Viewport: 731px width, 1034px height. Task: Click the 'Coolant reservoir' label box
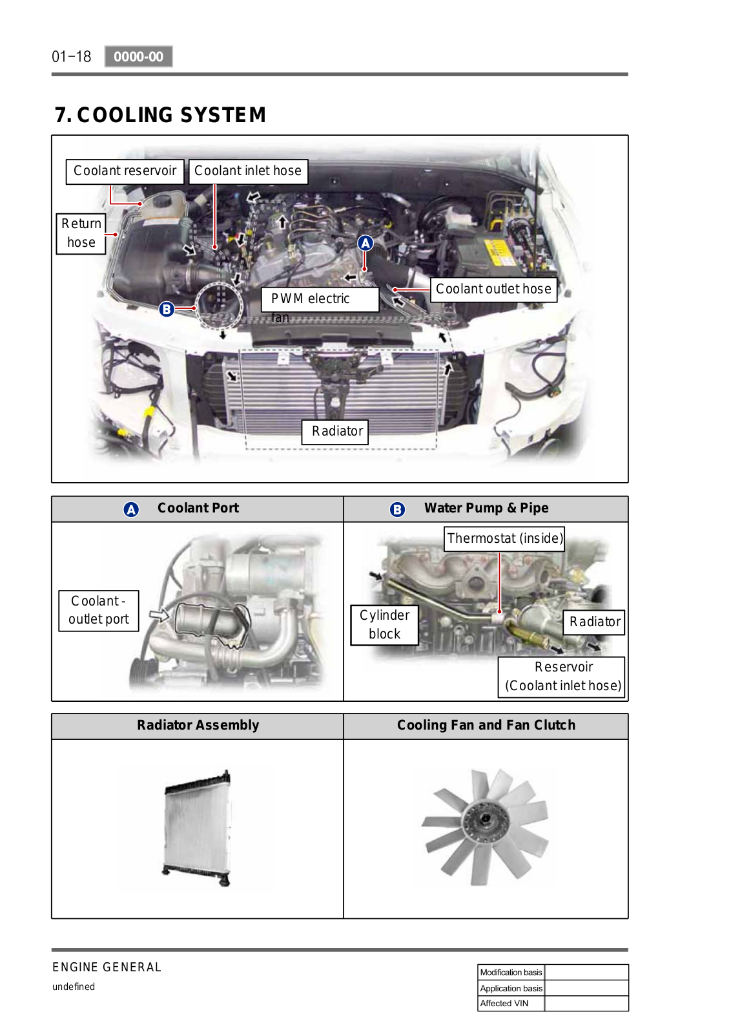pos(125,172)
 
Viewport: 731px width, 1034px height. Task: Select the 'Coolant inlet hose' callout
pos(248,172)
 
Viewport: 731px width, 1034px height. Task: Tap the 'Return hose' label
pos(81,233)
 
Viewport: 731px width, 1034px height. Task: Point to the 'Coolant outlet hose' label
pos(493,290)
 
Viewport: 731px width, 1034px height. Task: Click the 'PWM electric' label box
pos(320,300)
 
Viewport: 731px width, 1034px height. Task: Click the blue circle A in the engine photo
pos(365,243)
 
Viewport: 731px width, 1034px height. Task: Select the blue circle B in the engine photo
pos(167,309)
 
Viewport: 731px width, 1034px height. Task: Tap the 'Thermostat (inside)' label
pos(504,539)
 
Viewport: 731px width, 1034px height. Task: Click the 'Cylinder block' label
pos(384,625)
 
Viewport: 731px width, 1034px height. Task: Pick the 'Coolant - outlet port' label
pos(99,611)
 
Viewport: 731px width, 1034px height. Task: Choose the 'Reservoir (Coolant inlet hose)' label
pos(561,677)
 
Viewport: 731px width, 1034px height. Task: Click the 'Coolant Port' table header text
pos(198,508)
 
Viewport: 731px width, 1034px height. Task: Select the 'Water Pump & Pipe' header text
pos(486,508)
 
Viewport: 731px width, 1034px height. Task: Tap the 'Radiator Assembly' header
pos(198,725)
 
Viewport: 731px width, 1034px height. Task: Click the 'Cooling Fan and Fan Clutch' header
pos(486,725)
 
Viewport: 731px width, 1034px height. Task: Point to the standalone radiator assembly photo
pos(198,828)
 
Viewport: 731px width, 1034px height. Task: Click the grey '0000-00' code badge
pos(138,57)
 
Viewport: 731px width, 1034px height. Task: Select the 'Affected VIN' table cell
pos(511,1004)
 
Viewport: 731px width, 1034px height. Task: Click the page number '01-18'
pos(72,57)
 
